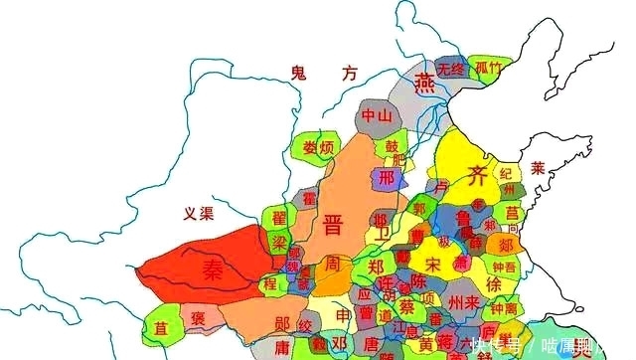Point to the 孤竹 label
click(x=488, y=68)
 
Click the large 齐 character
click(x=478, y=177)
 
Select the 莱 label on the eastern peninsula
click(x=538, y=167)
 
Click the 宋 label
click(x=432, y=264)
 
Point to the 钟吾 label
click(x=503, y=266)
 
